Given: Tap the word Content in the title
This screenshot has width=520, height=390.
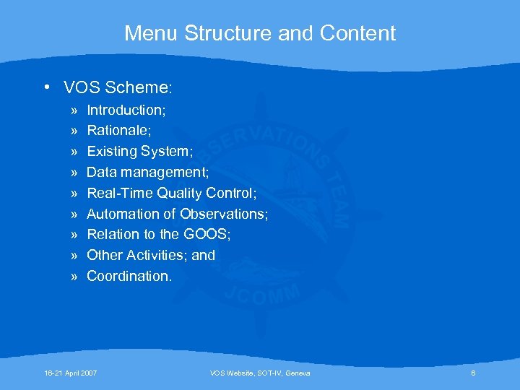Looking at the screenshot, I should coord(358,33).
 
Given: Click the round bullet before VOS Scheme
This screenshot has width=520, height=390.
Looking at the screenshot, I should coord(45,88).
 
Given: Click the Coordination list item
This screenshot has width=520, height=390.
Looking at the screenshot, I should coord(129,276).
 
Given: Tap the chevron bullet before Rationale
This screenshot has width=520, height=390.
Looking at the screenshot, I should coord(74,131).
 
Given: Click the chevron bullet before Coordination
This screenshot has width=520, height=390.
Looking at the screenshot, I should coord(74,276).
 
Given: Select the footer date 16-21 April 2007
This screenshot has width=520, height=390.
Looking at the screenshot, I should coord(71,373).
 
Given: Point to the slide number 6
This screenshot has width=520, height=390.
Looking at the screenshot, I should coord(473,373).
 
